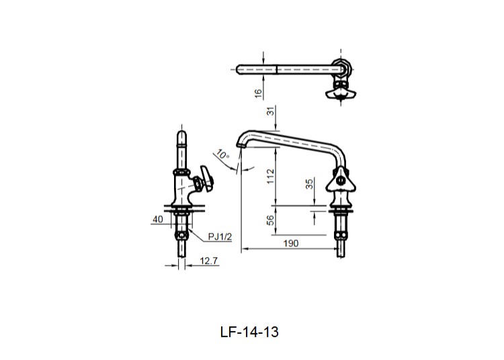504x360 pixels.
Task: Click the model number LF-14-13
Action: pyautogui.click(x=249, y=332)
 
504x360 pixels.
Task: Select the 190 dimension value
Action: pyautogui.click(x=291, y=243)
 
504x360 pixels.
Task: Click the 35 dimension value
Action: pyautogui.click(x=310, y=185)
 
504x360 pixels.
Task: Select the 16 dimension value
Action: pyautogui.click(x=259, y=93)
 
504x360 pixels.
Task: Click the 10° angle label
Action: pyautogui.click(x=222, y=155)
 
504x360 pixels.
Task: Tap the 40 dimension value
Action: pyautogui.click(x=158, y=219)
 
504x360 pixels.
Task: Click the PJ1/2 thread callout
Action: pyautogui.click(x=218, y=236)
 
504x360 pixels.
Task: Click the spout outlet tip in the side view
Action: pyautogui.click(x=240, y=144)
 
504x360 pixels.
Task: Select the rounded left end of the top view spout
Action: pyautogui.click(x=240, y=68)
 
